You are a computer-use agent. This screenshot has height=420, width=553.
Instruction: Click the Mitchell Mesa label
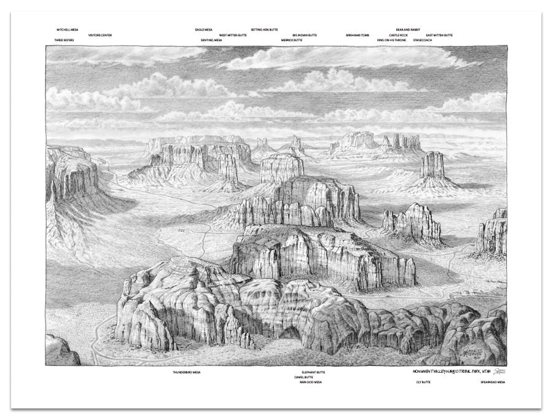(x=67, y=29)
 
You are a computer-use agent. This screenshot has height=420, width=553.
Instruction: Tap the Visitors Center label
(x=100, y=35)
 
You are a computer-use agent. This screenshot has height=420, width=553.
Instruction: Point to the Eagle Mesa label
(x=203, y=29)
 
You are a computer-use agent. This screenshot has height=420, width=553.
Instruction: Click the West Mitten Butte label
(x=233, y=35)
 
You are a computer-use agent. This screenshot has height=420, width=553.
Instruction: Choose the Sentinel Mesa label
(x=211, y=40)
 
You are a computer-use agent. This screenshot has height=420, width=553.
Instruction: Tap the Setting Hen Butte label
(x=264, y=29)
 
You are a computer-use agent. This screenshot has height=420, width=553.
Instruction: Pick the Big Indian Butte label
(x=304, y=35)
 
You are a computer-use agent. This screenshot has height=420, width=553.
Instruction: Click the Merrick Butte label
(x=292, y=40)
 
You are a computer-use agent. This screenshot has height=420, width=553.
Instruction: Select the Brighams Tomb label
(x=357, y=35)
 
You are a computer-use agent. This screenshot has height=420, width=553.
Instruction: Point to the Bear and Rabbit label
(x=408, y=29)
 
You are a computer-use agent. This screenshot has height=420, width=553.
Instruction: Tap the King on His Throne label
(x=391, y=40)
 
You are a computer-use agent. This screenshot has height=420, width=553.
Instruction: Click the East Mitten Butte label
(x=439, y=35)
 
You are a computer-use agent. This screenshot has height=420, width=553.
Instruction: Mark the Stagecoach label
(x=423, y=40)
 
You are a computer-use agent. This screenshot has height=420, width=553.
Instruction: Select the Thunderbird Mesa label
(x=187, y=372)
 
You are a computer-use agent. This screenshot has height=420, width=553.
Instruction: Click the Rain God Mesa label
(x=310, y=382)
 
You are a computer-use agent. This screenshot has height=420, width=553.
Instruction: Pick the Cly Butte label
(x=423, y=382)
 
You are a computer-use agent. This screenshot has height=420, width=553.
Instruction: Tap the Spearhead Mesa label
(x=492, y=382)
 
